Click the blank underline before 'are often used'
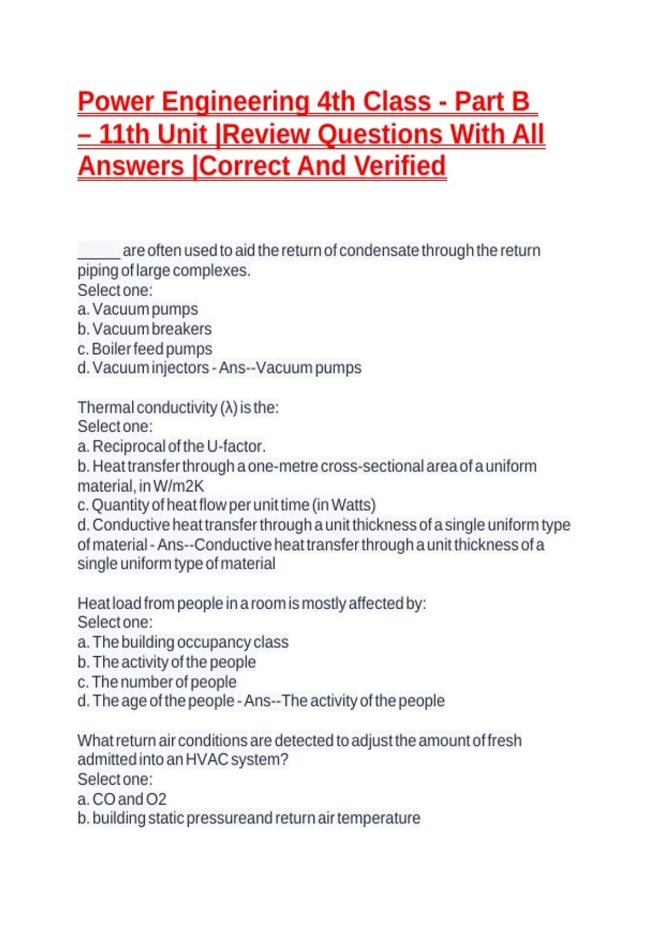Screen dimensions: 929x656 click(x=98, y=251)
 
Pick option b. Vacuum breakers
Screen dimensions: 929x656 click(x=144, y=329)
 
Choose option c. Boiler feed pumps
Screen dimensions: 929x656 click(x=144, y=349)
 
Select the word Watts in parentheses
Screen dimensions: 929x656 click(x=352, y=505)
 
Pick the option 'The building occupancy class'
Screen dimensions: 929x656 click(x=183, y=642)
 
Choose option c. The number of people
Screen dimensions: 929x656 click(x=157, y=682)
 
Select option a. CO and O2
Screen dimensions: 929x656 click(x=122, y=799)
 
